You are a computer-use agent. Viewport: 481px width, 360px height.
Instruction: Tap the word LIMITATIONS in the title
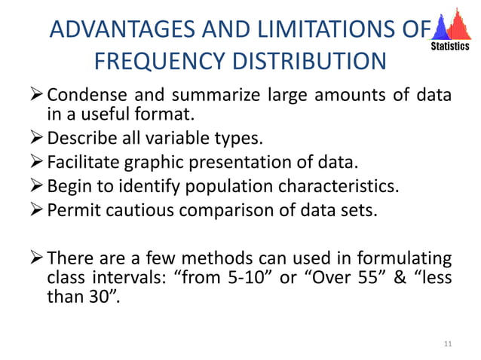(322, 30)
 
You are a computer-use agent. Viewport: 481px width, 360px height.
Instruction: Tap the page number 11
(449, 344)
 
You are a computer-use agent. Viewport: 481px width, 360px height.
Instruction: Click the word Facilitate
(83, 163)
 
